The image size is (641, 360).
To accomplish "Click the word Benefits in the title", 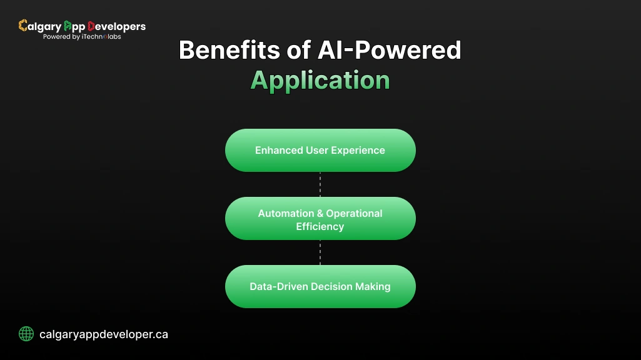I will coord(223,51).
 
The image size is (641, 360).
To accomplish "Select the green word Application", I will coord(320,81).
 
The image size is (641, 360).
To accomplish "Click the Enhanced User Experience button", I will coord(320,150).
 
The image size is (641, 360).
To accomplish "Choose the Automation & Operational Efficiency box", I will coord(320,219).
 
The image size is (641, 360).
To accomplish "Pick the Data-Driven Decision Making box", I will coord(320,286).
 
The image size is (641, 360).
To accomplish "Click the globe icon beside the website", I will coord(26,334).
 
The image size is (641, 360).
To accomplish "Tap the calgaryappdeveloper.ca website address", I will coord(104,334).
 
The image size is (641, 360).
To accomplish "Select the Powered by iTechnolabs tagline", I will coord(82,37).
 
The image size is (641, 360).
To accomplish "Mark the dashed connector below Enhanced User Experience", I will coord(320,184).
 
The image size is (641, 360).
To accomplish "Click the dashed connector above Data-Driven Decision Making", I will coord(320,252).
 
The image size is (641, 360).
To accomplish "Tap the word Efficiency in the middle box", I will coord(320,226).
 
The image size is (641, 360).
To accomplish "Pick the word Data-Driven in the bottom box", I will coord(276,286).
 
